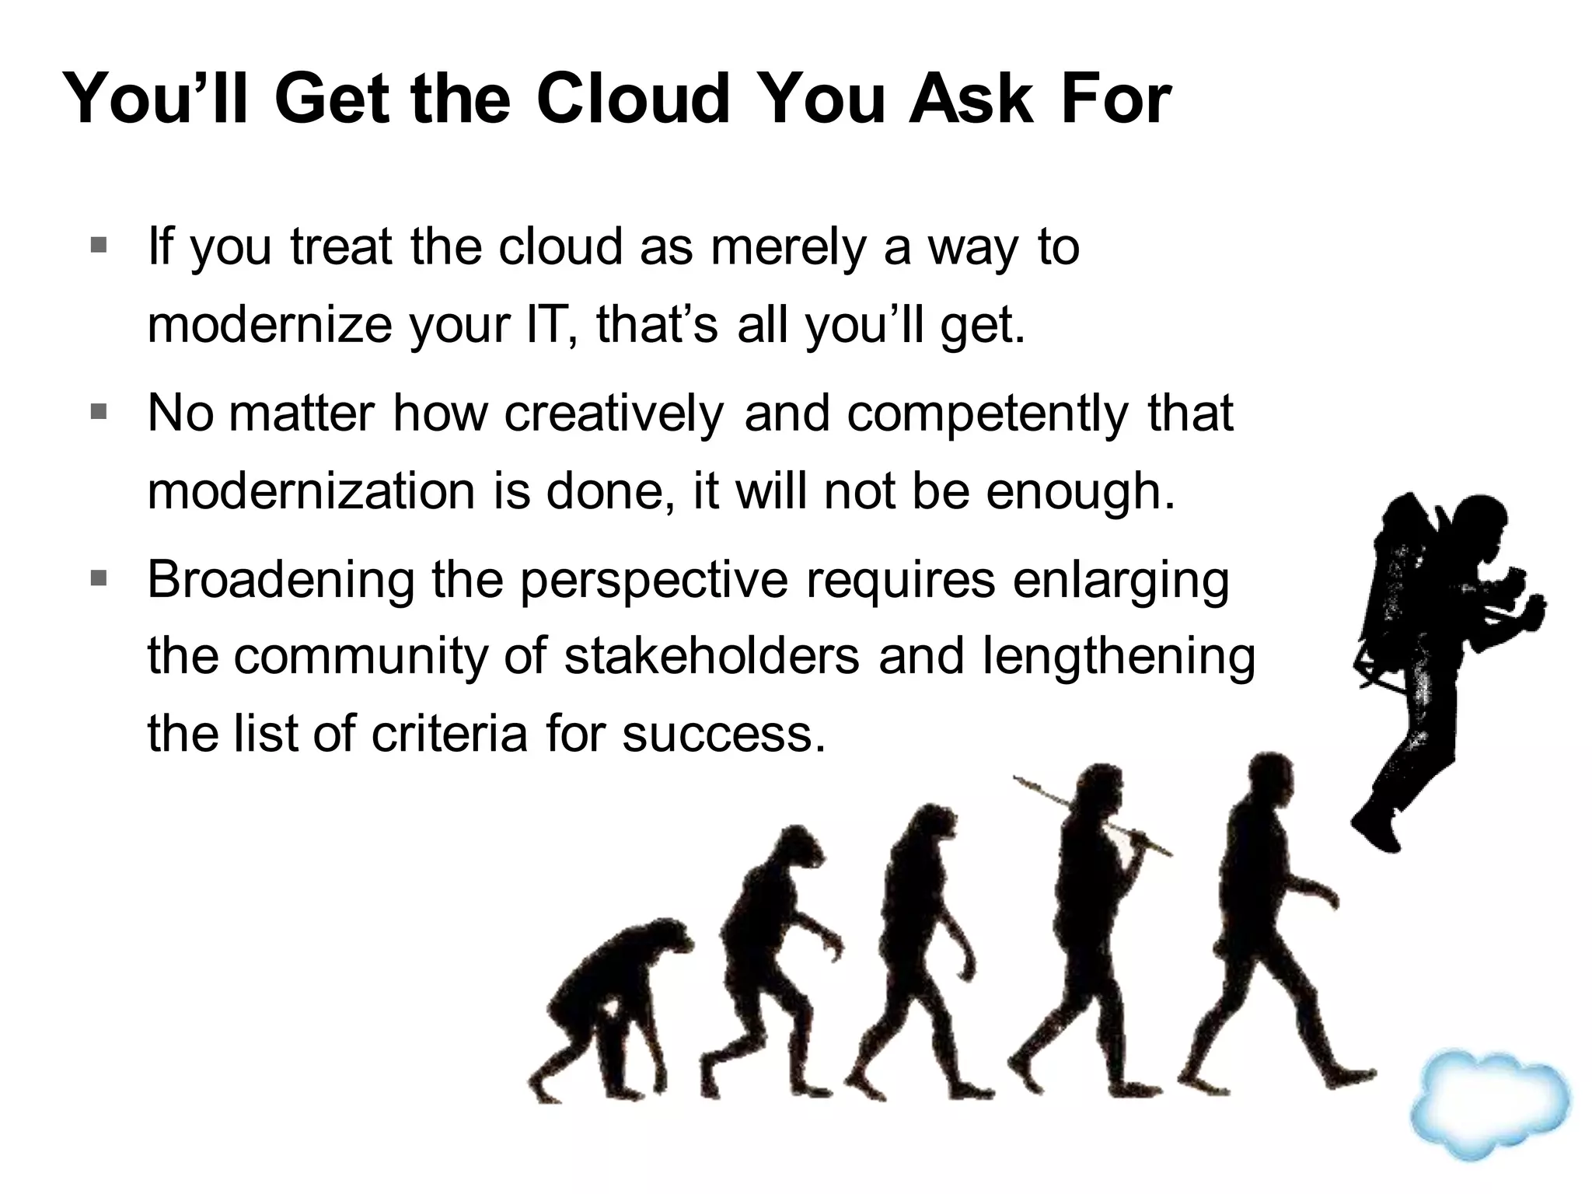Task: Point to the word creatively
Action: tap(613, 414)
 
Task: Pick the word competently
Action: tap(986, 414)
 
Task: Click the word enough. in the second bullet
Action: tap(1081, 491)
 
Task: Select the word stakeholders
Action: tap(712, 657)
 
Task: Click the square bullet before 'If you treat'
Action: tap(99, 246)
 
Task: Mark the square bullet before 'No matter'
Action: tap(99, 411)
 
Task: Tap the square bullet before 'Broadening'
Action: tap(99, 578)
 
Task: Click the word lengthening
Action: tap(1119, 657)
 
